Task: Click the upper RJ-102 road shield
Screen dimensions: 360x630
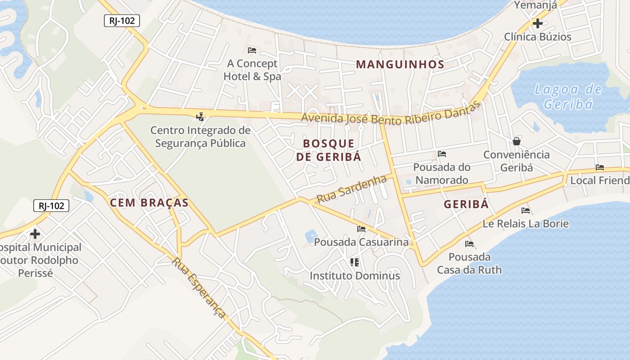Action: [x=122, y=21]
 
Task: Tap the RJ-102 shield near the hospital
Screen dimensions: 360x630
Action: [x=51, y=206]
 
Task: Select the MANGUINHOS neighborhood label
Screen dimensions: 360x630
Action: [x=400, y=64]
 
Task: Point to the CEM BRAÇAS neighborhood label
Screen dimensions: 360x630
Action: [x=149, y=203]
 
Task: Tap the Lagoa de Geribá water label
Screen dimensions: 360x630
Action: [x=568, y=97]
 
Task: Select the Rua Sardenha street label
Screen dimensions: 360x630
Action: [x=351, y=189]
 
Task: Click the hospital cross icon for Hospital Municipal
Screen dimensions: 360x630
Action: [x=35, y=234]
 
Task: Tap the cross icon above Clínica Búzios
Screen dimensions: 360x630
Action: [x=537, y=23]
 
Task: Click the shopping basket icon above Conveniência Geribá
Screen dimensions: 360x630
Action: [x=517, y=141]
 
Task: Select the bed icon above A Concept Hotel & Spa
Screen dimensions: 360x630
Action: [x=252, y=50]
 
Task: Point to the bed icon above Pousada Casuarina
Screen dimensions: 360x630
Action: [x=361, y=229]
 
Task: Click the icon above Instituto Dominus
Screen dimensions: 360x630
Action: [x=355, y=262]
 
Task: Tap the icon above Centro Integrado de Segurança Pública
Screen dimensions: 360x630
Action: [x=200, y=117]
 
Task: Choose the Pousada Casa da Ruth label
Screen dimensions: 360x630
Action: [x=469, y=263]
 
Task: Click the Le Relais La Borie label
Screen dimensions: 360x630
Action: [x=526, y=224]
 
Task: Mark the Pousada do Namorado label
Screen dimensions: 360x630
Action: [x=442, y=174]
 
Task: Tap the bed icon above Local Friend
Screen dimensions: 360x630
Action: [x=600, y=167]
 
